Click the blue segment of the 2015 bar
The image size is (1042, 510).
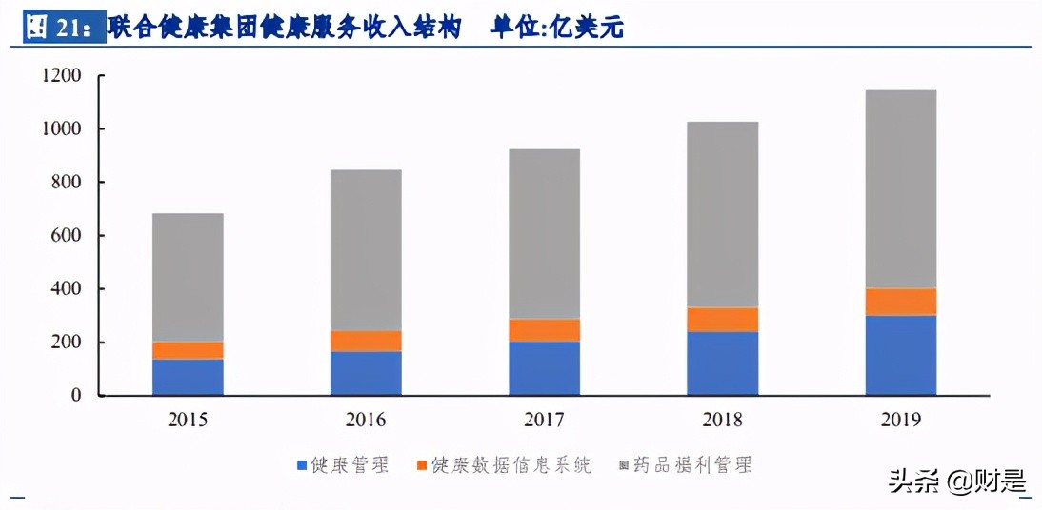click(188, 377)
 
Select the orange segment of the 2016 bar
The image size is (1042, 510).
click(366, 341)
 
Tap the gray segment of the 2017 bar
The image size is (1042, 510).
click(544, 233)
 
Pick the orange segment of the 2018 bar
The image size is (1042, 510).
click(723, 320)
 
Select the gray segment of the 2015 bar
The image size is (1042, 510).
click(188, 277)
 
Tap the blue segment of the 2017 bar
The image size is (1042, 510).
click(544, 368)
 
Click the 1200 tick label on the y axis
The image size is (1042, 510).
click(61, 75)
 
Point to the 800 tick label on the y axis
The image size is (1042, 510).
click(66, 182)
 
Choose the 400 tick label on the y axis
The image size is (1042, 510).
click(66, 288)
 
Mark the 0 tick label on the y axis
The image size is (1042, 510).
click(75, 395)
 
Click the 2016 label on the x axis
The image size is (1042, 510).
click(366, 420)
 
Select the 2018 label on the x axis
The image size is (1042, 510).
click(723, 420)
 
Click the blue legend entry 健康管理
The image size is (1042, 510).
click(343, 465)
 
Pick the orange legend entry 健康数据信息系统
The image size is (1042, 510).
click(503, 465)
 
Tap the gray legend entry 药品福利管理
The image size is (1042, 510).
click(686, 465)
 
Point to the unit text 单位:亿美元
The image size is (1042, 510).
click(556, 28)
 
